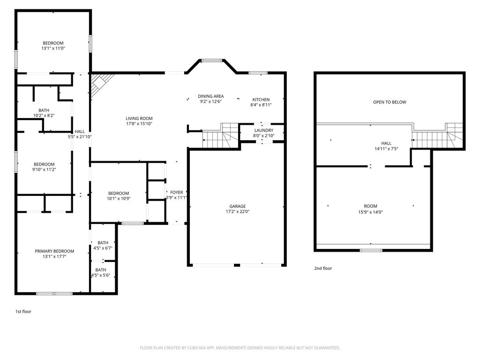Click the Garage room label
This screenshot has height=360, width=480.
(x=238, y=206)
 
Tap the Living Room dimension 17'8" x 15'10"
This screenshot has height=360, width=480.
(x=139, y=124)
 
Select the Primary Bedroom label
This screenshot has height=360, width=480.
(x=54, y=251)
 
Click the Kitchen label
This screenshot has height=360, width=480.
(x=261, y=99)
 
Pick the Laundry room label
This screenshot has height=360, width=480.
(x=264, y=130)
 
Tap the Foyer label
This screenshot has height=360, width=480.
(x=177, y=192)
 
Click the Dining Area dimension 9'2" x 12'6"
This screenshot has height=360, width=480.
(x=210, y=101)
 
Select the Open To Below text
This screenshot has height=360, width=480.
(x=390, y=102)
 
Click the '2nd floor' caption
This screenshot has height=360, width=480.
(x=323, y=268)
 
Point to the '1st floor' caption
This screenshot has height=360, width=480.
(x=23, y=311)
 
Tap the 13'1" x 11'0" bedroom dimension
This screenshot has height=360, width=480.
(x=53, y=48)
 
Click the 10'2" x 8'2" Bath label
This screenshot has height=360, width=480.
(x=44, y=110)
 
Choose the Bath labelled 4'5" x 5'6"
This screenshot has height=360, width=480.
(x=101, y=270)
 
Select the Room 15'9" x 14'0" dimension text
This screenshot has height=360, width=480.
(x=371, y=212)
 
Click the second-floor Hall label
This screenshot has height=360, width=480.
(x=386, y=143)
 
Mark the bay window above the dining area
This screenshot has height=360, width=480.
(x=212, y=60)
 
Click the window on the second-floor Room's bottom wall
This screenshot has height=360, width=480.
(x=371, y=250)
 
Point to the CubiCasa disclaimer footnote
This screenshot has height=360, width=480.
(x=240, y=348)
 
